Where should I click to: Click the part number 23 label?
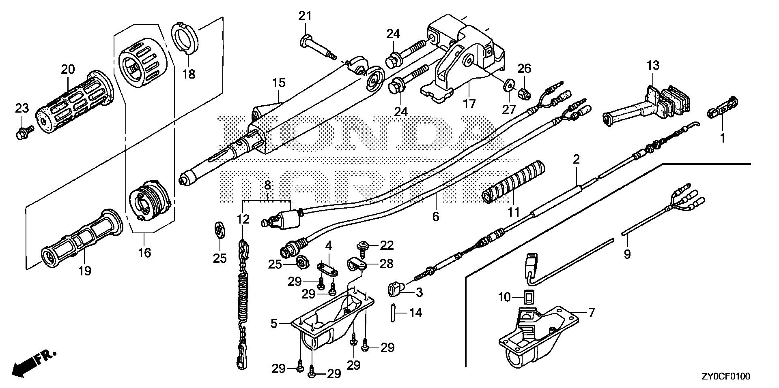coord(22,108)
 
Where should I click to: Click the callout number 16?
coord(144,254)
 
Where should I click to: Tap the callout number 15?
coord(279,83)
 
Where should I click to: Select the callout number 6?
coord(435,217)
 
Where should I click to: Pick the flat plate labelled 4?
coord(327,269)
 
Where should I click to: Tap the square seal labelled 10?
coord(529,298)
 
